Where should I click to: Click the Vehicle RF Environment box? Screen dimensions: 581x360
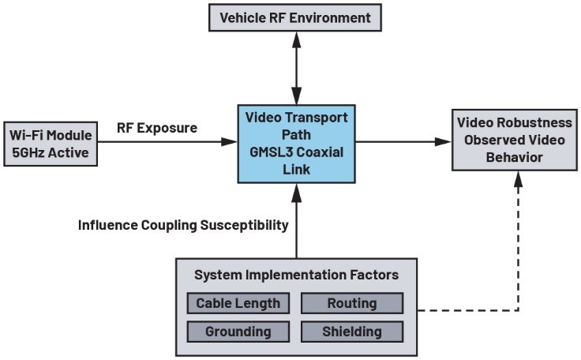pos(295,18)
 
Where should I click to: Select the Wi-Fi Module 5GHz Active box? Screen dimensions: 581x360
pos(51,144)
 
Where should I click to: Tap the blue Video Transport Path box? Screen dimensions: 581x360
pos(297,144)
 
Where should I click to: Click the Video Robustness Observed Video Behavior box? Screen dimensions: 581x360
pos(515,141)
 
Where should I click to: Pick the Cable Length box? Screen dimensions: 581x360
pos(238,303)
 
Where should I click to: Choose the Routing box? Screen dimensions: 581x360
pos(352,303)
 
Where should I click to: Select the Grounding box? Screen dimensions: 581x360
pos(238,332)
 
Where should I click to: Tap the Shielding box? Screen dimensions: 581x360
pos(352,332)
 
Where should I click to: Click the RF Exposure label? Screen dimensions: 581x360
pos(157,128)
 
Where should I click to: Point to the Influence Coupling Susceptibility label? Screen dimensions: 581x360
pos(183,225)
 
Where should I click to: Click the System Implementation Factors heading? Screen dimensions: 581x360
pos(297,275)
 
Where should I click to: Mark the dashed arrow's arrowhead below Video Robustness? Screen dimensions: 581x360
pos(519,179)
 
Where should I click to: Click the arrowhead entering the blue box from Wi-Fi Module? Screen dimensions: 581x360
pos(229,141)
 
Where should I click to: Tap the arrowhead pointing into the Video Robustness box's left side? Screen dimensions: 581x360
pos(444,141)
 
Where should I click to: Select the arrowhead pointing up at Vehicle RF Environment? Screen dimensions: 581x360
pos(297,39)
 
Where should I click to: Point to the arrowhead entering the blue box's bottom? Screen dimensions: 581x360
pos(297,192)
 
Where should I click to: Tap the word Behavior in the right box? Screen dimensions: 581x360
pos(515,158)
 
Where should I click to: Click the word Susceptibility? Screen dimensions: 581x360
pos(244,225)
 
